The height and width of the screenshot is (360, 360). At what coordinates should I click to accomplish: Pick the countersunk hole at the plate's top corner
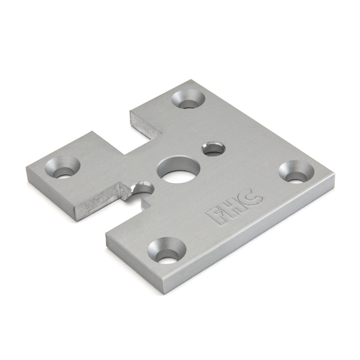(186, 99)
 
